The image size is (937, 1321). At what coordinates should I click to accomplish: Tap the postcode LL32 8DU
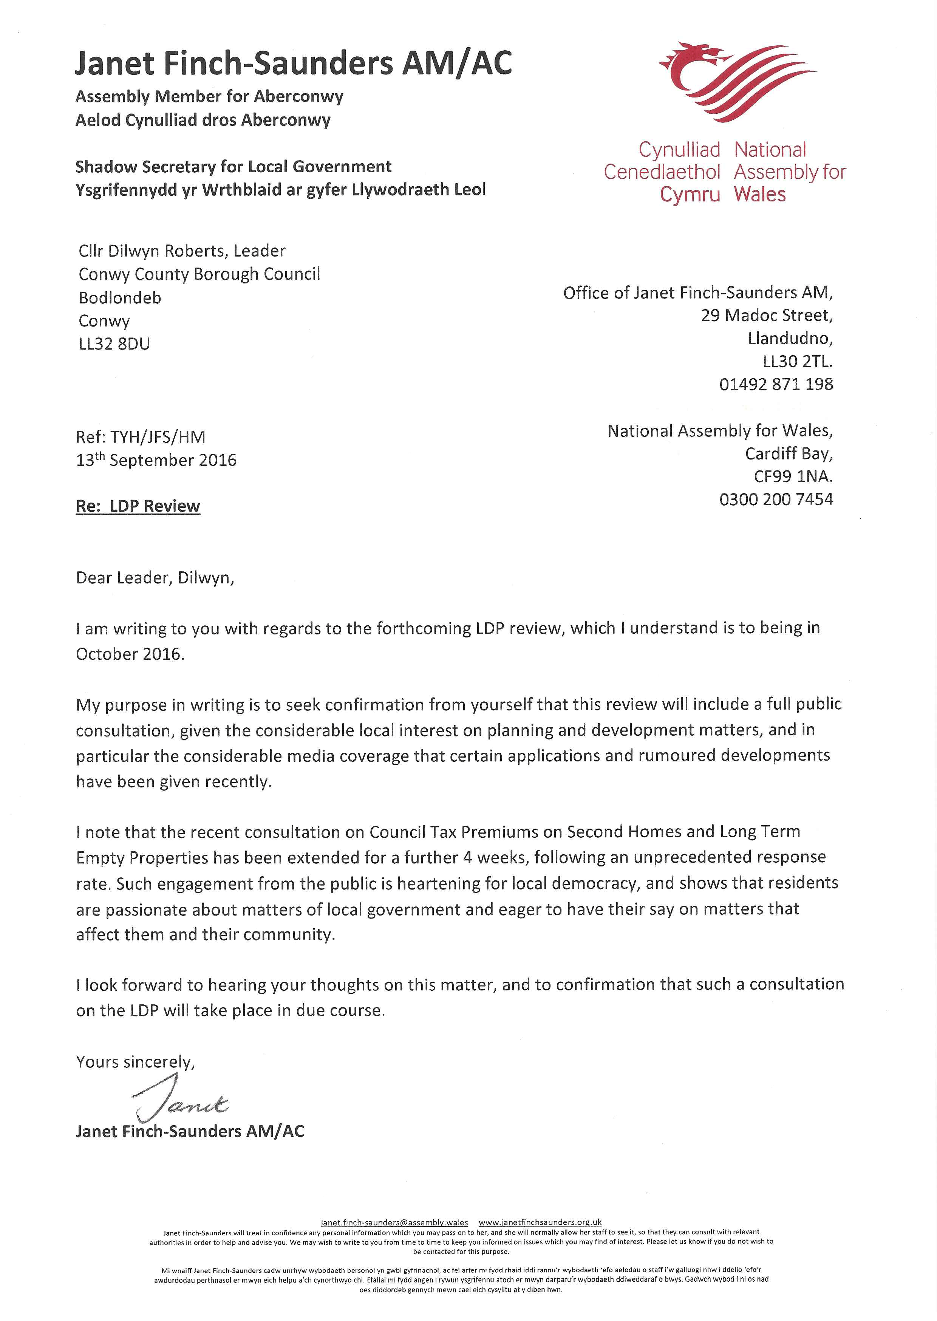(x=114, y=344)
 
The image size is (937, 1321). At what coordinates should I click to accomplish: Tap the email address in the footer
(x=394, y=1222)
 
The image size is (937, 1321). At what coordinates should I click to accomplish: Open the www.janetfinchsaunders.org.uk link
(x=540, y=1222)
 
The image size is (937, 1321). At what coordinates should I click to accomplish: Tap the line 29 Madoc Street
(x=767, y=315)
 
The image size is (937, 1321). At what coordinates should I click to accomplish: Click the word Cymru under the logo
(x=690, y=195)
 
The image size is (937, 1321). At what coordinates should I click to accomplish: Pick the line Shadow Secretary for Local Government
(x=233, y=167)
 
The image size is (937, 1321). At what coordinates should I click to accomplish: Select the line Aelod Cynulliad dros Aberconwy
(x=203, y=120)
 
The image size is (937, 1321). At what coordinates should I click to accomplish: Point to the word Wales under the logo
(x=759, y=195)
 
